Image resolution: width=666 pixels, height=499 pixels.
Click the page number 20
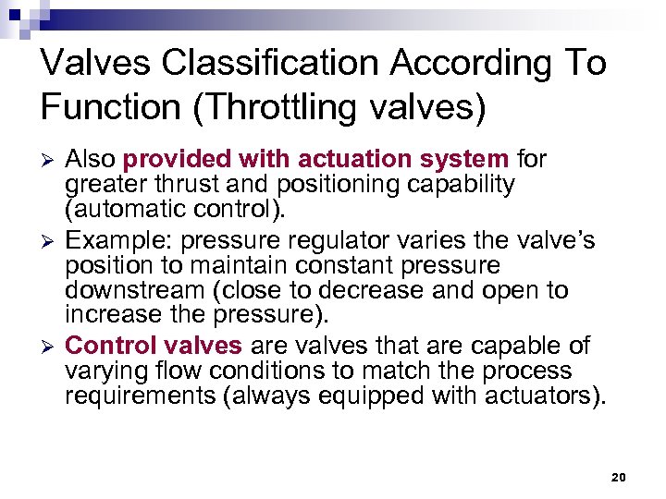tap(619, 477)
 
